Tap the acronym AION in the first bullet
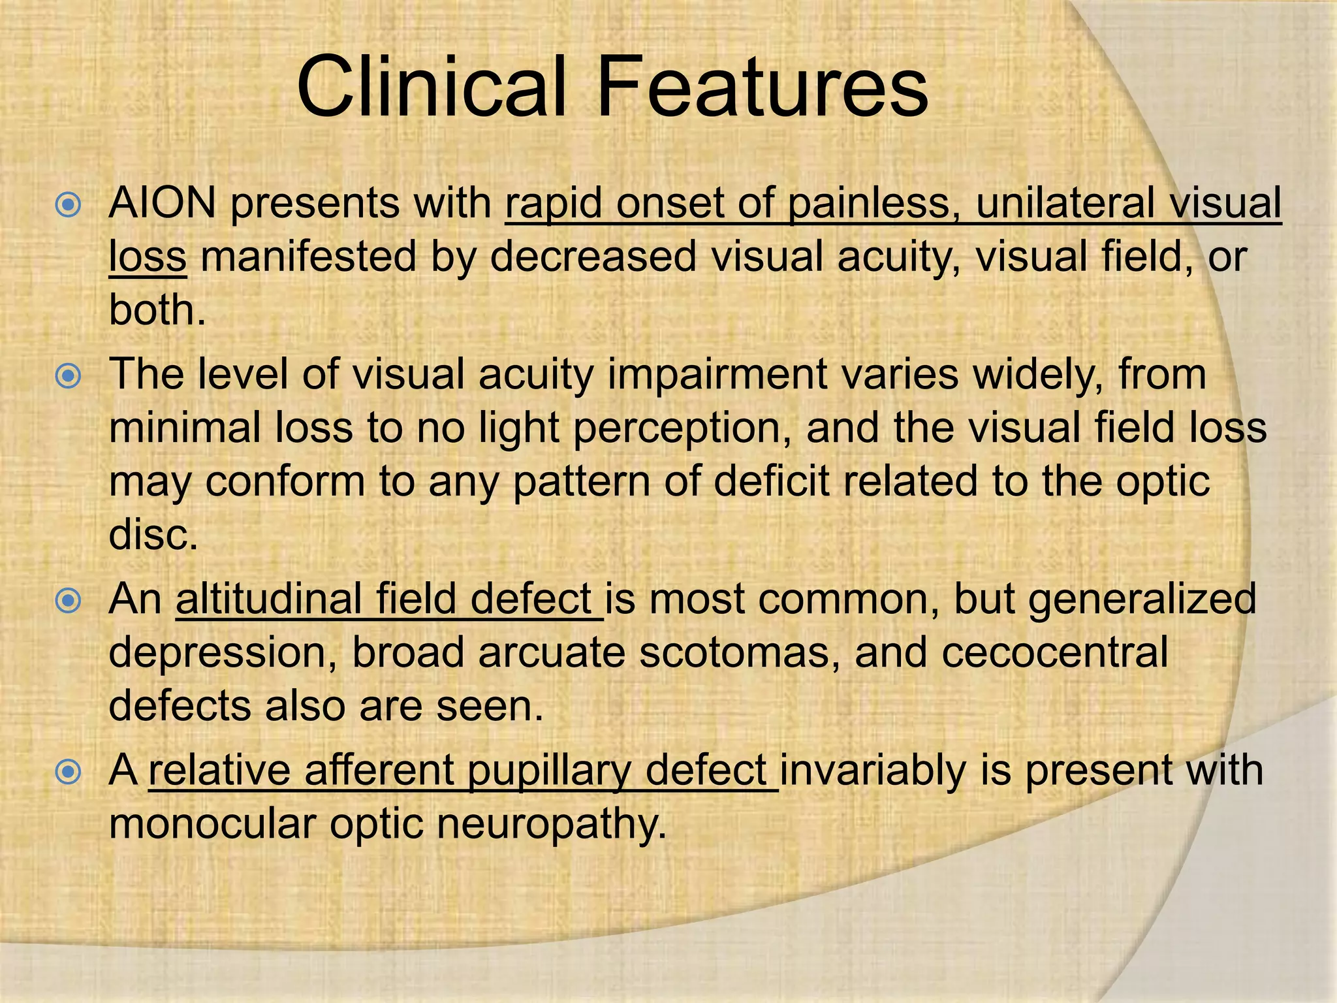pos(163,203)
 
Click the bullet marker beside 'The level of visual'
pos(68,377)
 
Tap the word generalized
pos(1142,599)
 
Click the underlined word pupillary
pos(549,771)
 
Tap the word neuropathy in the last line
pos(552,824)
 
